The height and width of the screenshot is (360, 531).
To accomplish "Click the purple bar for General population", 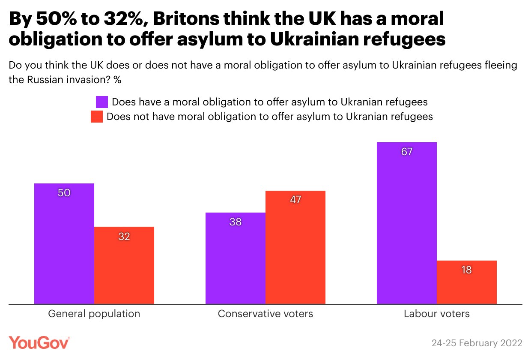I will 64,244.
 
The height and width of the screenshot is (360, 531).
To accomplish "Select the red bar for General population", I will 124,266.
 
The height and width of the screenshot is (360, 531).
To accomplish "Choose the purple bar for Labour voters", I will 407,223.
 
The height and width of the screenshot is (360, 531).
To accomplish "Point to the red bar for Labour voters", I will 467,282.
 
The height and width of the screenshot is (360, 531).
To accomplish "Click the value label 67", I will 407,152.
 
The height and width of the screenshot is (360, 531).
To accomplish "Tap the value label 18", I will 467,270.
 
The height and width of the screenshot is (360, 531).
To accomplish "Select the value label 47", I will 295,200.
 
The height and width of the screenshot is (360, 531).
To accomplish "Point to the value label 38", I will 236,222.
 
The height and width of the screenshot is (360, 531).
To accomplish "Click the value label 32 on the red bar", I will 124,236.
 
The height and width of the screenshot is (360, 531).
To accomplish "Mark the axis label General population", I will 94,314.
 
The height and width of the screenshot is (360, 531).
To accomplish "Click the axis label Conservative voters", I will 265,314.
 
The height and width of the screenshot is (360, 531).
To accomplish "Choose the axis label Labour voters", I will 437,314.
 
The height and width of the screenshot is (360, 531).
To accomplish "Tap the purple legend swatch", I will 102,102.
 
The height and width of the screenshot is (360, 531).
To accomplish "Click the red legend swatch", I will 97,117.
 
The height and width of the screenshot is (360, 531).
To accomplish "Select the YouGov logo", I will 39,343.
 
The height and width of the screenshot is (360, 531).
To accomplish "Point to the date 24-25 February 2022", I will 477,343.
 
